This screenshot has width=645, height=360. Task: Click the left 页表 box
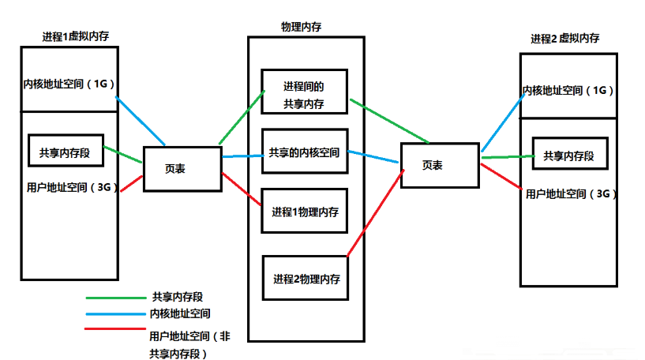tap(182, 168)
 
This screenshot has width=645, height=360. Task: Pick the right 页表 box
tap(439, 165)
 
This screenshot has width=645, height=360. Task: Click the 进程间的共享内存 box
tap(304, 95)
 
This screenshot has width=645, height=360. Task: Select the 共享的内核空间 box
tap(304, 152)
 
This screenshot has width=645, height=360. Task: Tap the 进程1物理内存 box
tap(304, 211)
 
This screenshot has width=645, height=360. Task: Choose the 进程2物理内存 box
tap(306, 278)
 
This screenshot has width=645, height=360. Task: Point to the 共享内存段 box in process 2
tap(570, 156)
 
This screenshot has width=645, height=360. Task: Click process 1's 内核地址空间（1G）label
tap(69, 84)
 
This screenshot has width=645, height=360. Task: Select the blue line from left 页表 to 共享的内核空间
tap(242, 155)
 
